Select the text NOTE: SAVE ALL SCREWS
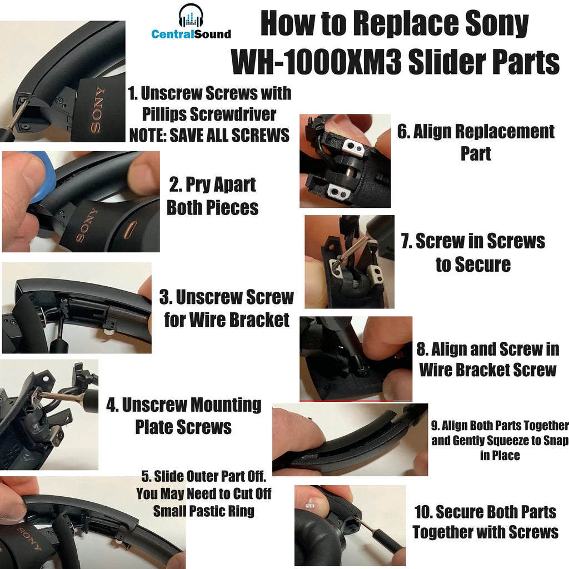pyautogui.click(x=209, y=135)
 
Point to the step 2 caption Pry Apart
pyautogui.click(x=212, y=185)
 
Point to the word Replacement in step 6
pyautogui.click(x=500, y=132)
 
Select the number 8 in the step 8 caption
pyautogui.click(x=422, y=350)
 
